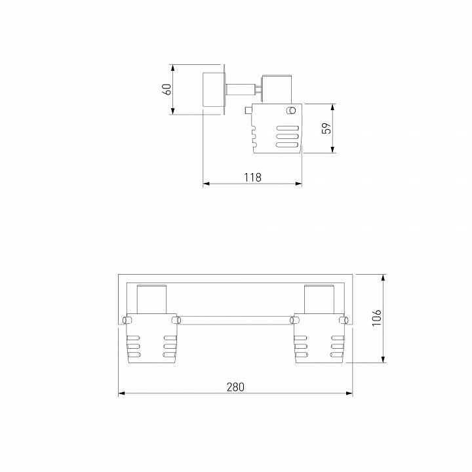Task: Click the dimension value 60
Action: click(167, 89)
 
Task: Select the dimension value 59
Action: click(326, 128)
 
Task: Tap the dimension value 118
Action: click(252, 177)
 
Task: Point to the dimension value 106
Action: click(376, 317)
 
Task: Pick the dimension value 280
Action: click(235, 387)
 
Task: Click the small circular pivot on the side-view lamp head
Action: click(291, 110)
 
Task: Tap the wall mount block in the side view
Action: click(214, 89)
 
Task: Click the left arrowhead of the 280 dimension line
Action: click(122, 393)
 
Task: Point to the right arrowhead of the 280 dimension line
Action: click(349, 393)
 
